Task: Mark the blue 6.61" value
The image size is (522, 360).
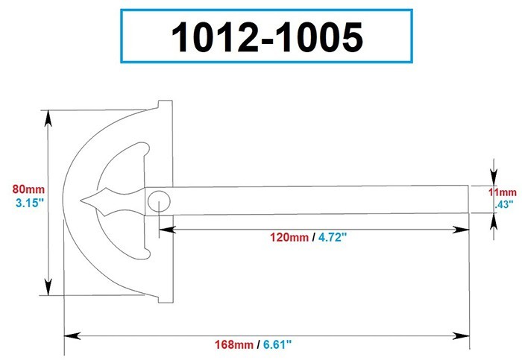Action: coord(276,344)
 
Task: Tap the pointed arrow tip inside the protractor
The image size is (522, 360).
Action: coord(84,200)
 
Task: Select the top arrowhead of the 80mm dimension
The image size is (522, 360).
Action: coord(48,116)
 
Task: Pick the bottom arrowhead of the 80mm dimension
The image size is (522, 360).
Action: coord(48,288)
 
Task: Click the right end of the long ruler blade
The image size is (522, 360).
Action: coord(468,200)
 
